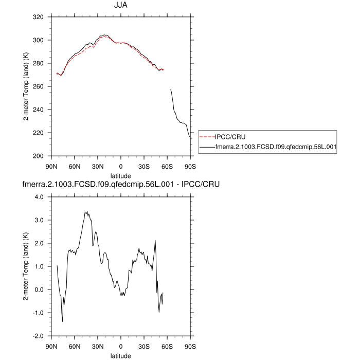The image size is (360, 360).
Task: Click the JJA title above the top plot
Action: tap(120, 6)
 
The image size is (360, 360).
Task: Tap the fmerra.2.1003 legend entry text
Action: tap(276, 147)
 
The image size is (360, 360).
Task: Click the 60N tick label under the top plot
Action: tap(74, 166)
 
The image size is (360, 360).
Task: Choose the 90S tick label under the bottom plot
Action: tap(190, 346)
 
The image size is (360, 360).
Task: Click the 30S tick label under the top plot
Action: tap(144, 166)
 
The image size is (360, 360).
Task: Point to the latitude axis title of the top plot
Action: tap(120, 175)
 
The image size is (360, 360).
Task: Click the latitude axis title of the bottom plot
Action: tap(120, 355)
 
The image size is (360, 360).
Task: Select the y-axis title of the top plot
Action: tap(25, 86)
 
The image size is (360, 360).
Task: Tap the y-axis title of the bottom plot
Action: tap(25, 266)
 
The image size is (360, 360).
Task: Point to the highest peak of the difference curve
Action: tap(86, 211)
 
